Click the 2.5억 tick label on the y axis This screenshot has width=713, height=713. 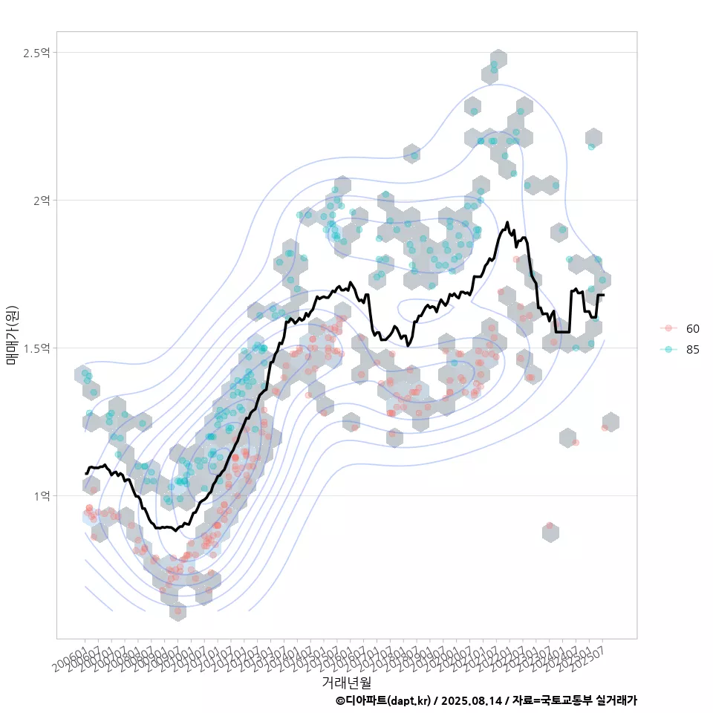tap(36, 53)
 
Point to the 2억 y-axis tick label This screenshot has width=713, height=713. tap(40, 201)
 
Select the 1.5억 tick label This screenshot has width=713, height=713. tap(36, 348)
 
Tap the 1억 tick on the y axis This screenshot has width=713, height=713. tap(40, 495)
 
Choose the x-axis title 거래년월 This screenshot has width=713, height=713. tap(346, 682)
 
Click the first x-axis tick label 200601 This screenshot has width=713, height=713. tap(71, 652)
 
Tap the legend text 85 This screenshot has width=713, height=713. tap(693, 350)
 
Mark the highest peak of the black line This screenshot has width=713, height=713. tap(507, 222)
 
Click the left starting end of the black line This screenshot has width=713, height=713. tap(86, 473)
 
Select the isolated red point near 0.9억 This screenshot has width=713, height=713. tap(550, 526)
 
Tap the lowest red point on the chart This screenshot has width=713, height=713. tap(178, 611)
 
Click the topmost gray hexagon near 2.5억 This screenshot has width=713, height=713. tap(498, 59)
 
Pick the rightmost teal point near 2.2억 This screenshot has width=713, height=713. tap(591, 146)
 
